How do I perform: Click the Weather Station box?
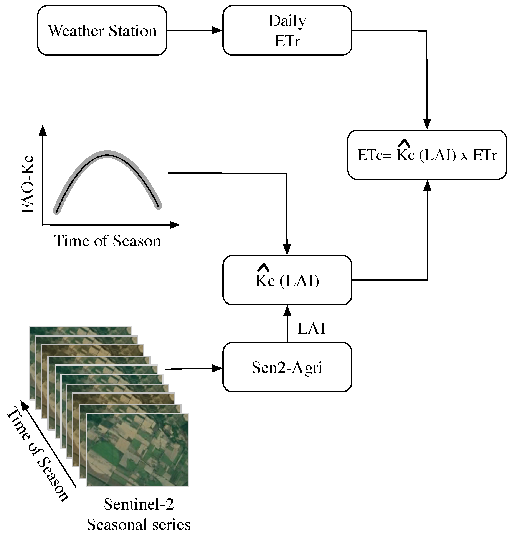pos(102,31)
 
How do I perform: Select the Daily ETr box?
pos(287,31)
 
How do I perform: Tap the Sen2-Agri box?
pos(287,367)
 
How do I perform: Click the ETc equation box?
pos(427,155)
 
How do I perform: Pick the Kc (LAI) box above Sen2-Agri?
pos(287,280)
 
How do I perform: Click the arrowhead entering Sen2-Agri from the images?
pos(217,369)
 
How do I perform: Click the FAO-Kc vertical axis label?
pos(28,184)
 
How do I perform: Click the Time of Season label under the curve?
pos(107,241)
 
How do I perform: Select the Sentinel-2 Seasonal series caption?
pos(139,515)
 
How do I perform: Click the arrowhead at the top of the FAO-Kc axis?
pos(43,130)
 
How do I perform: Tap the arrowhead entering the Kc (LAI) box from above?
pos(287,250)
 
